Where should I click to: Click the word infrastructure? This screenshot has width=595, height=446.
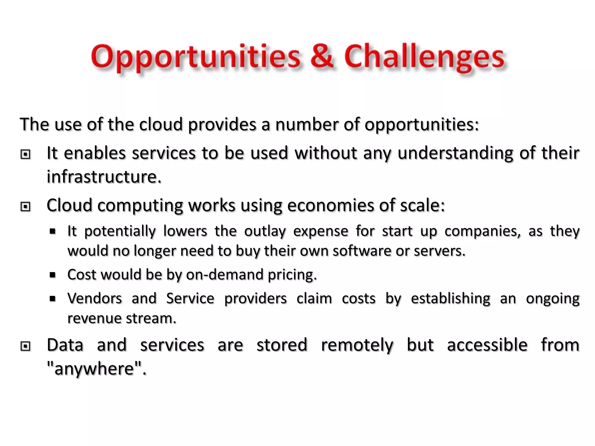coord(104,177)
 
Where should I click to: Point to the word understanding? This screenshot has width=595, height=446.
coord(455,153)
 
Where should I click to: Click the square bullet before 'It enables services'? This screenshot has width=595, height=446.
coord(26,154)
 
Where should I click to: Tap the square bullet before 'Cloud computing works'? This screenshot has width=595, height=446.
coord(26,206)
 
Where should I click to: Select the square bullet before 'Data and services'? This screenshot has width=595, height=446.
coord(26,346)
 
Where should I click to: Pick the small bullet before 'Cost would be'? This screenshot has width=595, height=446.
coord(53,275)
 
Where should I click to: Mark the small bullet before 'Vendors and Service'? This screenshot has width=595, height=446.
coord(53,298)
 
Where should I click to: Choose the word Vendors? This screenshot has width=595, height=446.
coord(94,298)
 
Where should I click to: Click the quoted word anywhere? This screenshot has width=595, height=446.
coord(94,369)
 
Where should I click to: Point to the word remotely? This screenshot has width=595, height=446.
coord(357,345)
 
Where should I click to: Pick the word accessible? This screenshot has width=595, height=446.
coord(487,345)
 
